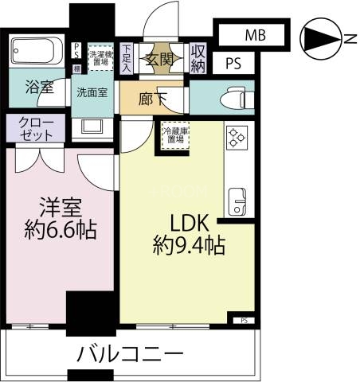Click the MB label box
[255, 35]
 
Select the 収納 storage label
[199, 57]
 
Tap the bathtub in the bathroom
[37, 53]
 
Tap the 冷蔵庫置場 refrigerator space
[174, 136]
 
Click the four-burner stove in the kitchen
[237, 138]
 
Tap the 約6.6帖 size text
[61, 230]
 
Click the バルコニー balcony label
[130, 353]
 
